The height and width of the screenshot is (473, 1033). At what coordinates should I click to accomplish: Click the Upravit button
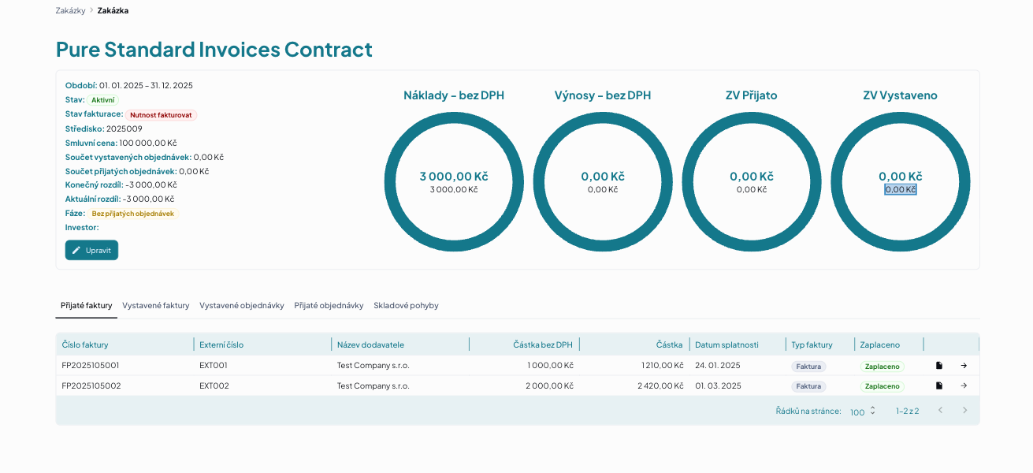(x=91, y=250)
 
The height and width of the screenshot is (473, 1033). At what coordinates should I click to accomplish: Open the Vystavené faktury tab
(x=155, y=306)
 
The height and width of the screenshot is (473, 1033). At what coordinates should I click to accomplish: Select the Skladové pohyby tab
(x=406, y=306)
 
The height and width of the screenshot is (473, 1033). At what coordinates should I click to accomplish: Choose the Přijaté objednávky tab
(x=329, y=306)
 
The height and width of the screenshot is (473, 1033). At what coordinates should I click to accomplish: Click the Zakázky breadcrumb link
(x=71, y=10)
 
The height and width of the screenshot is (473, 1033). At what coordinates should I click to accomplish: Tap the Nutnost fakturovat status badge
(x=161, y=115)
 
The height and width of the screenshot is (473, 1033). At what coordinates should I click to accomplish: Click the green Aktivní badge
(x=103, y=100)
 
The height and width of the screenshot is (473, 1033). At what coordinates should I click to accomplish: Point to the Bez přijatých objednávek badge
(x=133, y=214)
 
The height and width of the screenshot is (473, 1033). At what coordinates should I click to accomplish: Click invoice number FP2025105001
(x=91, y=366)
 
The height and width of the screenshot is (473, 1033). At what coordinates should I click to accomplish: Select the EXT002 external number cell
(x=214, y=385)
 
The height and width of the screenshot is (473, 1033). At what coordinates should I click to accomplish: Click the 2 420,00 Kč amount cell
(x=660, y=385)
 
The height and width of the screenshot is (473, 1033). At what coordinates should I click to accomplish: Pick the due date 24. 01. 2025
(x=718, y=366)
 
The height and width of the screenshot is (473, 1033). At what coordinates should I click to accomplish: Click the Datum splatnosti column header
(x=726, y=345)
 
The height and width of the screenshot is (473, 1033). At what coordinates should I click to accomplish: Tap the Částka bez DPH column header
(x=543, y=345)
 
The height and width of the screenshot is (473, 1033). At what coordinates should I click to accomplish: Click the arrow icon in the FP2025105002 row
(x=964, y=385)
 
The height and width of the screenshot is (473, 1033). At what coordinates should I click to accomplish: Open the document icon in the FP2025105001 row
(x=939, y=366)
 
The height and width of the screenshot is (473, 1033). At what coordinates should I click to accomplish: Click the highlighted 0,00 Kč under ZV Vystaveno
(x=900, y=190)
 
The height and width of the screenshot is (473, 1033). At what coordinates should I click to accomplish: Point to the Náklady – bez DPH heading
(x=454, y=95)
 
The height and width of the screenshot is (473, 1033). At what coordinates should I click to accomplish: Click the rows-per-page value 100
(x=857, y=412)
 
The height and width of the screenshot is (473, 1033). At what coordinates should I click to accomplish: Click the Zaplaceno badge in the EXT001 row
(x=883, y=367)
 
